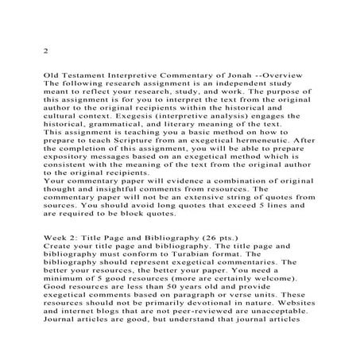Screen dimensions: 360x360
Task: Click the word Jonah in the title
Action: click(201, 72)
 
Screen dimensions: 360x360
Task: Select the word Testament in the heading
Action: click(83, 72)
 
